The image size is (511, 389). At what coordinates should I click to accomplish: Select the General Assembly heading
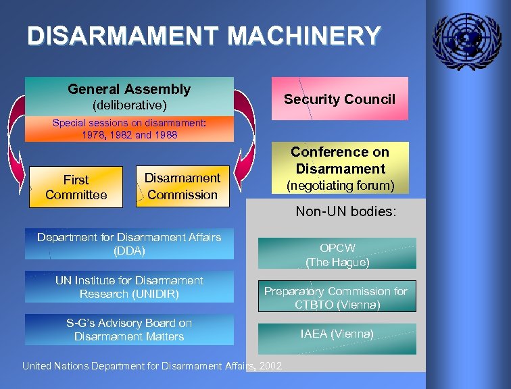[x=129, y=89]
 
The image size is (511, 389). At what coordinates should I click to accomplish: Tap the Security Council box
[x=339, y=99]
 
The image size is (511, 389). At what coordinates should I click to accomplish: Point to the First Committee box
[x=76, y=187]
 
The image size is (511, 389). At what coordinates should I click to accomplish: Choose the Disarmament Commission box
[x=182, y=186]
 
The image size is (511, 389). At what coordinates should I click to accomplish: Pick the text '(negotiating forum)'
[x=339, y=184]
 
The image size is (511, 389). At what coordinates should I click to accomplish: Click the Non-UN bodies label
[x=345, y=211]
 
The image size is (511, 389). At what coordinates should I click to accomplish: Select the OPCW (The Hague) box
[x=337, y=254]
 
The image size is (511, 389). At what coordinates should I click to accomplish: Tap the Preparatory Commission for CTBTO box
[x=336, y=298]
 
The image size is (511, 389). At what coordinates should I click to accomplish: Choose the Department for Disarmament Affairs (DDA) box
[x=129, y=244]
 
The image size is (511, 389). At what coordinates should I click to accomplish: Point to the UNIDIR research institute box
[x=129, y=287]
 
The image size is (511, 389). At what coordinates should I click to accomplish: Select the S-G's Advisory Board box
[x=129, y=330]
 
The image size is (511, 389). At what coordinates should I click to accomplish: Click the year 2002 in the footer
[x=270, y=366]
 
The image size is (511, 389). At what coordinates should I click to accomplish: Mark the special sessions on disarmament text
[x=129, y=129]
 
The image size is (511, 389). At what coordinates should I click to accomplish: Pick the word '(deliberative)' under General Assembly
[x=129, y=105]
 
